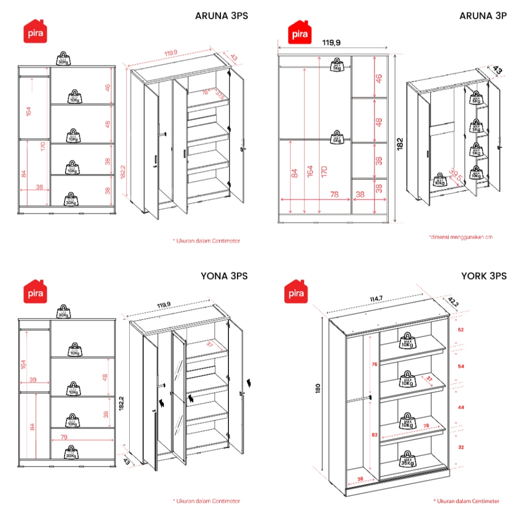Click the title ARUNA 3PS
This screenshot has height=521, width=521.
[221, 15]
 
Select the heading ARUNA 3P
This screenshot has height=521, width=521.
[483, 15]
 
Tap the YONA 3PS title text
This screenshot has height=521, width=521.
[223, 276]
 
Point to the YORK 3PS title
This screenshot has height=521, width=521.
[484, 276]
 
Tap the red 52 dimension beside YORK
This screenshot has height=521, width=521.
[460, 330]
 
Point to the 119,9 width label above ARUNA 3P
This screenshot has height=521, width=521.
[331, 43]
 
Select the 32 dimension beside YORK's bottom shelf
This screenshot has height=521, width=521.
[460, 448]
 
